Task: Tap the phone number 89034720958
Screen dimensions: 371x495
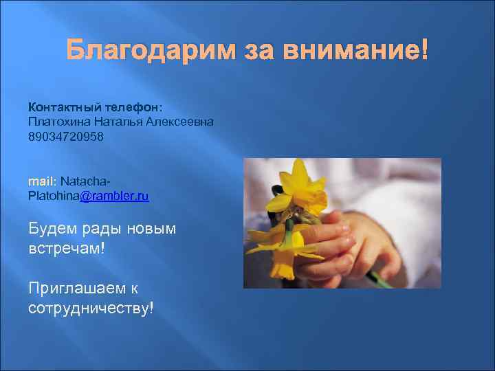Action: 67,136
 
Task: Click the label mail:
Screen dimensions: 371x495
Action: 42,181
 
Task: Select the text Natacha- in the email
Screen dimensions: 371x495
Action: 85,181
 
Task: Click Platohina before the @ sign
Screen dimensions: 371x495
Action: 54,196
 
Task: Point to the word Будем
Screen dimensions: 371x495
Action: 51,228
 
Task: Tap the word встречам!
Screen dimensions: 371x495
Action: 67,246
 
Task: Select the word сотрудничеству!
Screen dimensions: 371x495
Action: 91,306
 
